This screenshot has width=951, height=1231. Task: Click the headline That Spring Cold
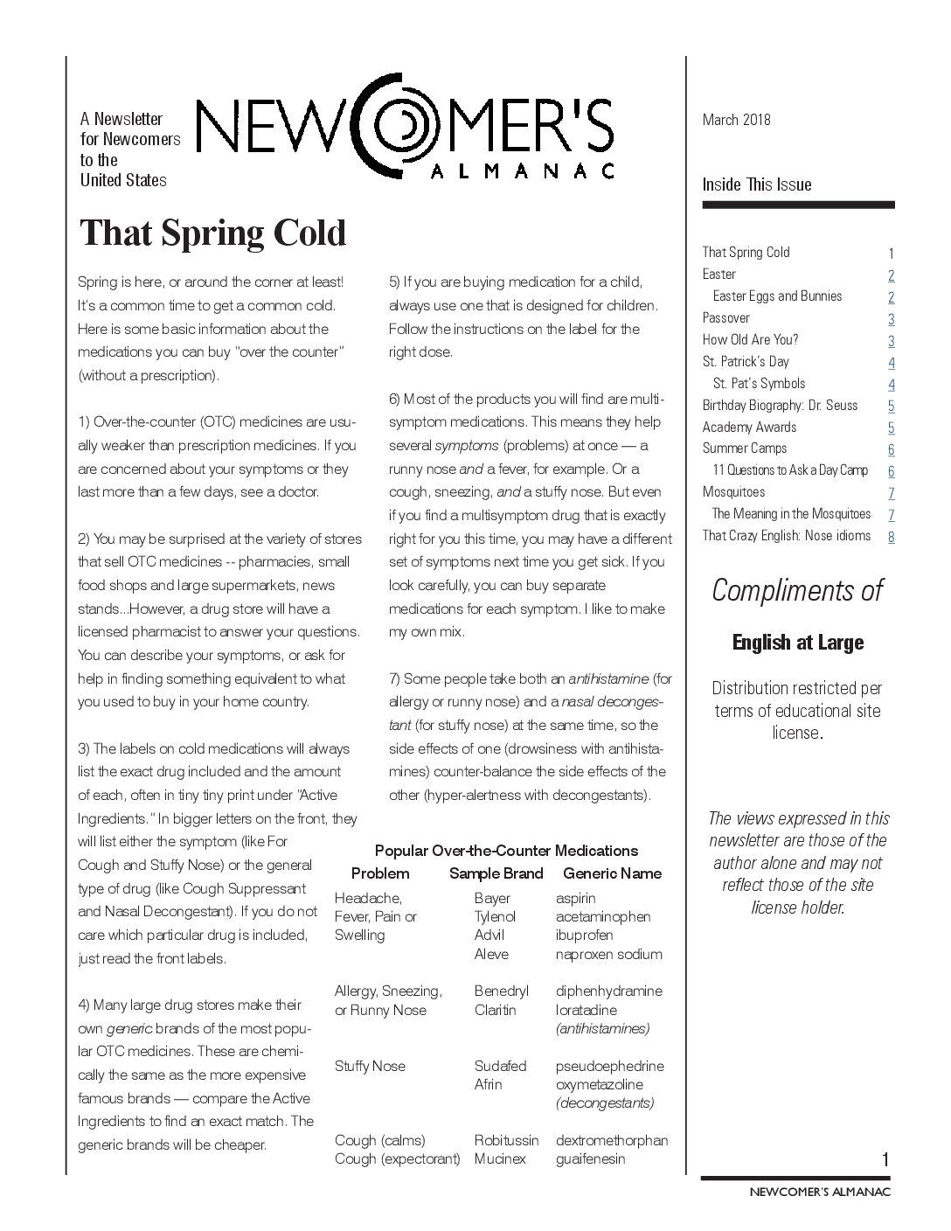point(212,233)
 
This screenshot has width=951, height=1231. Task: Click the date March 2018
point(736,120)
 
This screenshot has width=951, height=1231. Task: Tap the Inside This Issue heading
point(757,184)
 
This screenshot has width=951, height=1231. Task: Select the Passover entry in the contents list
point(725,317)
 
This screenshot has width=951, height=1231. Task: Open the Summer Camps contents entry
point(744,449)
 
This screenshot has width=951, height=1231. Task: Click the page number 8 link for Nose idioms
point(891,537)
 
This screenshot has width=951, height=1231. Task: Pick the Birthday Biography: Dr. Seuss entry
point(780,405)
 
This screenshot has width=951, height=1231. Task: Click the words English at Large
point(797,643)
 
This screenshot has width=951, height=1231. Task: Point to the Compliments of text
point(797,590)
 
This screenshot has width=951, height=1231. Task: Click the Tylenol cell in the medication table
point(495,916)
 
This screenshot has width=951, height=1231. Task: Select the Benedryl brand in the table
point(501,991)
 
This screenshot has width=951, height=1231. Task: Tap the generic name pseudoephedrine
point(609,1066)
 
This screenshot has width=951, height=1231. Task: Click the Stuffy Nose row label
point(370,1066)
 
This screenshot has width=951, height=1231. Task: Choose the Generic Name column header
point(612,873)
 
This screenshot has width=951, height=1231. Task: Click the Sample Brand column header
point(496,873)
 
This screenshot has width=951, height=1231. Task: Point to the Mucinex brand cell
point(500,1158)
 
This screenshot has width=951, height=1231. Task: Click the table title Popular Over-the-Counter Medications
point(506,850)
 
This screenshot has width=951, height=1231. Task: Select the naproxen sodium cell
point(608,954)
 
